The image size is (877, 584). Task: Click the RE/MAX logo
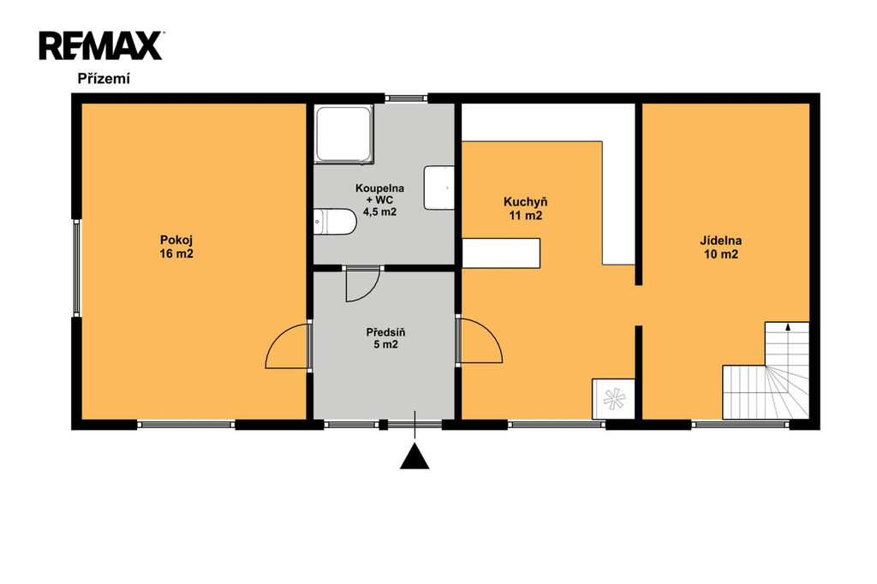click(x=101, y=46)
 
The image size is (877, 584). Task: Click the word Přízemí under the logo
click(x=104, y=79)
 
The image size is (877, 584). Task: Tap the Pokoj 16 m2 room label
click(x=176, y=247)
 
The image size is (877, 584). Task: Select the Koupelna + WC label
click(x=379, y=200)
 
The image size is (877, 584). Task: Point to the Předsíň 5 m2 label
click(x=386, y=338)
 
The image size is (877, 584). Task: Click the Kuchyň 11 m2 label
click(x=526, y=209)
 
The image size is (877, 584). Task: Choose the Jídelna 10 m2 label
click(x=721, y=247)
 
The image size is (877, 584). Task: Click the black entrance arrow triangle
click(x=415, y=456)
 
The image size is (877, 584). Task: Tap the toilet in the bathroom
click(x=335, y=222)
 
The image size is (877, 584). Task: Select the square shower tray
click(x=343, y=134)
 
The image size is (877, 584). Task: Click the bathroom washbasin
click(x=439, y=188)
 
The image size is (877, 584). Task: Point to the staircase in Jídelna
click(x=766, y=370)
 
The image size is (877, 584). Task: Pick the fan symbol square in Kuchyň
click(x=613, y=399)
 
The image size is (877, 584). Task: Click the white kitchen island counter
click(x=501, y=253)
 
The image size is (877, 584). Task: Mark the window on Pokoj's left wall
click(x=77, y=267)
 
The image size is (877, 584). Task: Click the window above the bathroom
click(x=407, y=98)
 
